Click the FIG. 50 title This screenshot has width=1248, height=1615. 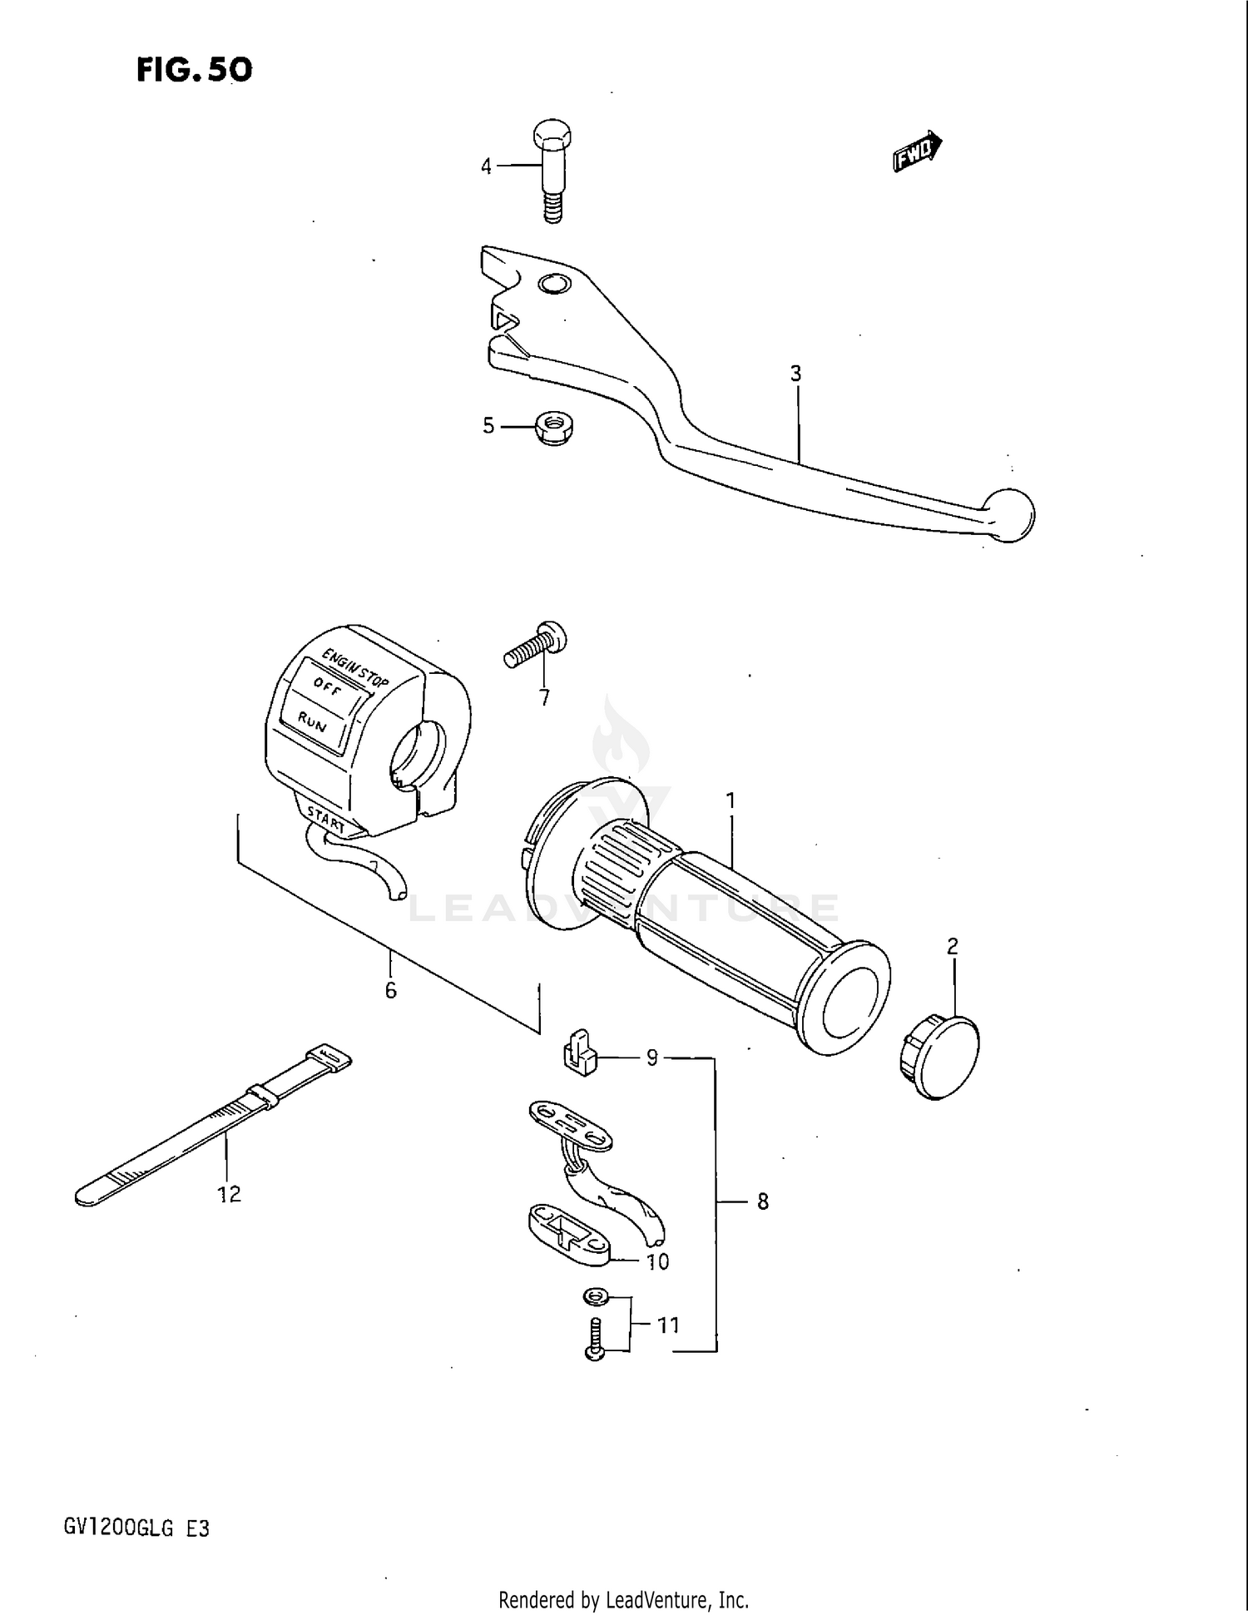[x=194, y=70]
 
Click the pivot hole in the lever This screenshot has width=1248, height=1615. [x=554, y=285]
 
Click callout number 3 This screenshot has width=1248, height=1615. [x=796, y=374]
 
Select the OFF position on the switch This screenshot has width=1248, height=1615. [x=327, y=687]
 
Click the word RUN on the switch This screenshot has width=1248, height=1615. [x=312, y=722]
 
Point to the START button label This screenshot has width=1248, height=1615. [x=326, y=820]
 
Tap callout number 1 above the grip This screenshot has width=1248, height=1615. [x=730, y=801]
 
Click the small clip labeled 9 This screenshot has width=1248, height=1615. [x=581, y=1054]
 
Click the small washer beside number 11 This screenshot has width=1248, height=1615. [x=593, y=1296]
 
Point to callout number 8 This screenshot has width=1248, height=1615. [x=763, y=1201]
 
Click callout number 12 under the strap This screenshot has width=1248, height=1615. [x=229, y=1194]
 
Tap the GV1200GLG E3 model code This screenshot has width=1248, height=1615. [x=136, y=1528]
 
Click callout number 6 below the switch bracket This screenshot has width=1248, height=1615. [x=390, y=991]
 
